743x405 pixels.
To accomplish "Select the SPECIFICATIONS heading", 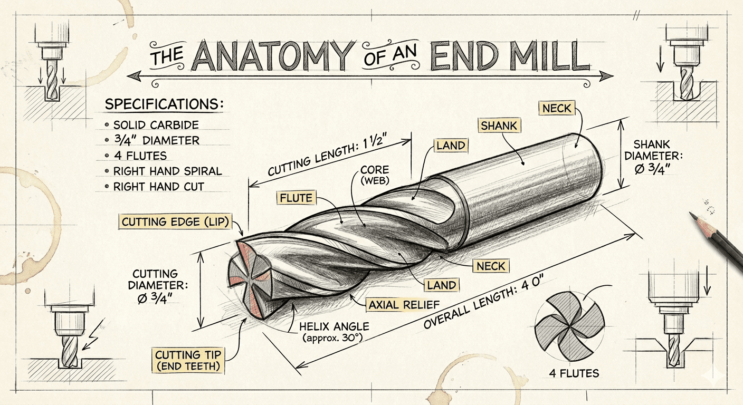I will click(164, 104).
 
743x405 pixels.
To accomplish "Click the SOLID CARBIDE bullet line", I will click(156, 126).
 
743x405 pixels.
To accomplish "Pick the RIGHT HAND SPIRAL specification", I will click(167, 171).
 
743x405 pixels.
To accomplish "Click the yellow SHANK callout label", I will click(499, 125).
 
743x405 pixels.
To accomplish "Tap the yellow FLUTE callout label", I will click(296, 198).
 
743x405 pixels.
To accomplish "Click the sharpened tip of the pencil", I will click(692, 214).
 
